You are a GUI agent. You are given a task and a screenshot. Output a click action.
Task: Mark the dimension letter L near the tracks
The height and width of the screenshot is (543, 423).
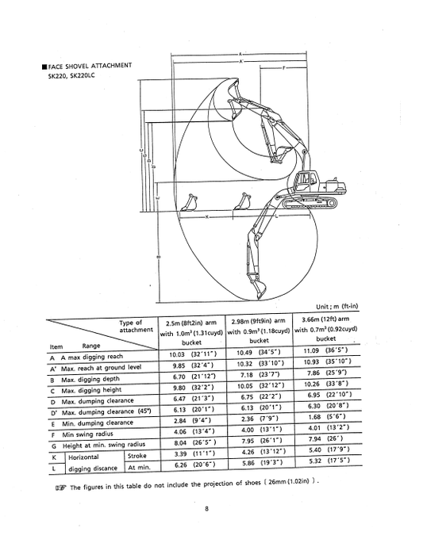click(x=276, y=216)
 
